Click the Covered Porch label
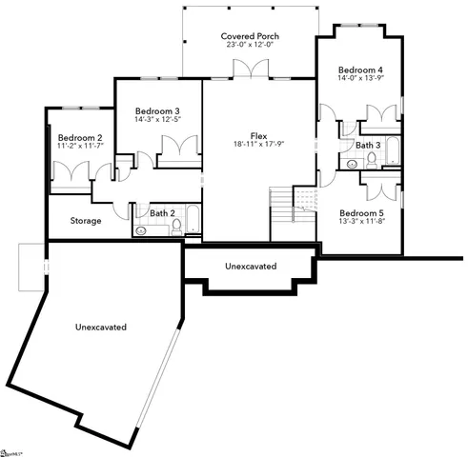[x=251, y=35]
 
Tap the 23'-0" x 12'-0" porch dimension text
[x=251, y=46]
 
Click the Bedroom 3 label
[x=157, y=111]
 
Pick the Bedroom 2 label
[x=79, y=137]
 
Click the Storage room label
[x=86, y=221]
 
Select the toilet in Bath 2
[x=175, y=227]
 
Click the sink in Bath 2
[x=142, y=229]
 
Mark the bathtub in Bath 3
[x=392, y=152]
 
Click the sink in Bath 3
[x=352, y=163]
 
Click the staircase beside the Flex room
[x=291, y=207]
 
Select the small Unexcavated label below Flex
[x=251, y=267]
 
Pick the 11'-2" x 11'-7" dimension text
[x=79, y=148]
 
